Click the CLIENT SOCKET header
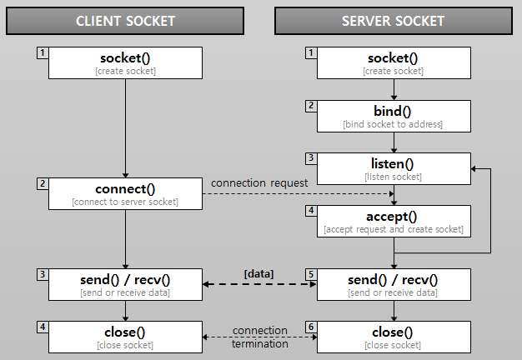[125, 21]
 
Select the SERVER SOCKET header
[393, 21]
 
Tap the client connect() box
[125, 193]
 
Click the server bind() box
[393, 116]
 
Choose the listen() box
[393, 168]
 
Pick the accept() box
[393, 221]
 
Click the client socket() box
[125, 63]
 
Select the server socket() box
[393, 63]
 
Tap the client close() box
[125, 337]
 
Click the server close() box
[393, 337]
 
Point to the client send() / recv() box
[125, 284]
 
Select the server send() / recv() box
[393, 284]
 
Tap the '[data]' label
[258, 273]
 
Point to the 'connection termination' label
[260, 337]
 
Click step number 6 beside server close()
[310, 327]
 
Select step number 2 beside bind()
[310, 106]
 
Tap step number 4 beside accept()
[310, 211]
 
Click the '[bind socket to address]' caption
[393, 124]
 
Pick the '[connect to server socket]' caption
[125, 202]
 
